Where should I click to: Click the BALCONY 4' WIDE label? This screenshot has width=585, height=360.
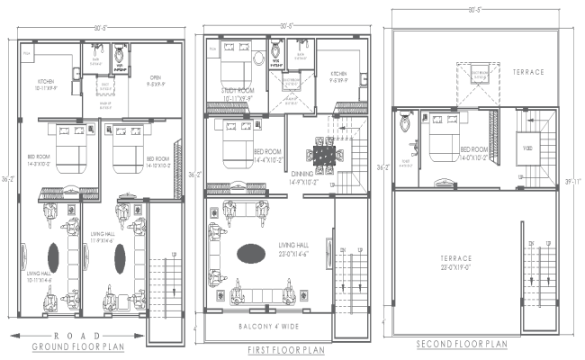pos(272,326)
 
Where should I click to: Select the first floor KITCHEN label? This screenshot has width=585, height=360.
pos(339,77)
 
